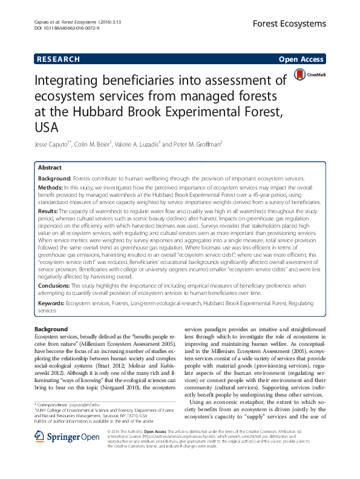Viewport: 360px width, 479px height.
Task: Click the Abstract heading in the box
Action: pos(50,168)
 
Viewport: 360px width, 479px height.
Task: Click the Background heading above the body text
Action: pos(51,329)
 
